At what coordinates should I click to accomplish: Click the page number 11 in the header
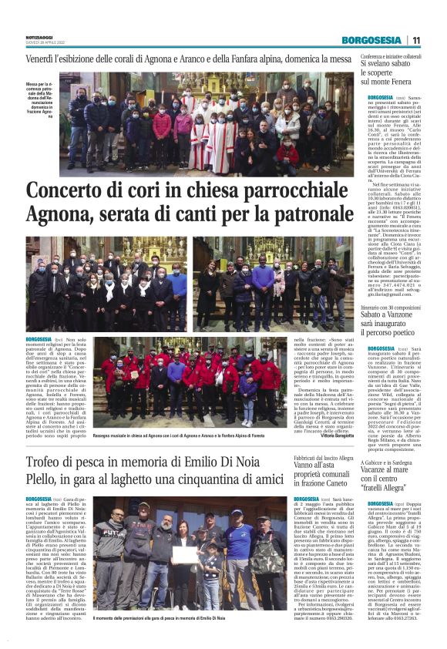[416, 40]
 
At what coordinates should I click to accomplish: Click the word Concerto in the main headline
[73, 191]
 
